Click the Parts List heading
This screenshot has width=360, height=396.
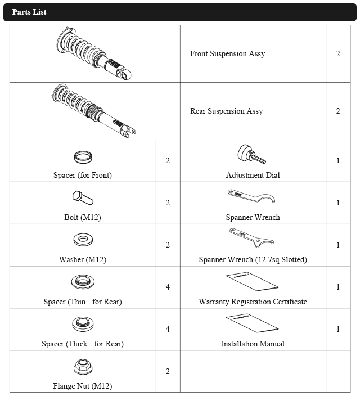tap(29, 12)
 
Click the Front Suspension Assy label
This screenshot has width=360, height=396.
tap(227, 54)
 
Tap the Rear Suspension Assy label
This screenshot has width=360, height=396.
tap(226, 111)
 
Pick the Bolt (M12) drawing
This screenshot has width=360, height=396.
tap(83, 198)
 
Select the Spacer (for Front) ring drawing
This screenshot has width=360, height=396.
tap(83, 156)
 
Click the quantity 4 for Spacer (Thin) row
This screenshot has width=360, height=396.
tap(168, 287)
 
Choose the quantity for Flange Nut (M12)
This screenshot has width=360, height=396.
tap(168, 371)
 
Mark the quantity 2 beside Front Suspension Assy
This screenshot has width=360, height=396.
tap(338, 54)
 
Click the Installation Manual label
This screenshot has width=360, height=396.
tap(253, 344)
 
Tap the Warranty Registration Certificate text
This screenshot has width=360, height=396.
tap(253, 302)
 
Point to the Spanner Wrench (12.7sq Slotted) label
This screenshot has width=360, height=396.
tap(253, 260)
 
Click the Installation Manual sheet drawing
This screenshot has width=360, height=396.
tap(252, 322)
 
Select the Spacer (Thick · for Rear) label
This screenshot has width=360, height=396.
tap(83, 344)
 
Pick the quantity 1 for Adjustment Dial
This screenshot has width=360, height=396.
tap(338, 161)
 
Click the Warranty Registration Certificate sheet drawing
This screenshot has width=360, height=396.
tap(252, 280)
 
